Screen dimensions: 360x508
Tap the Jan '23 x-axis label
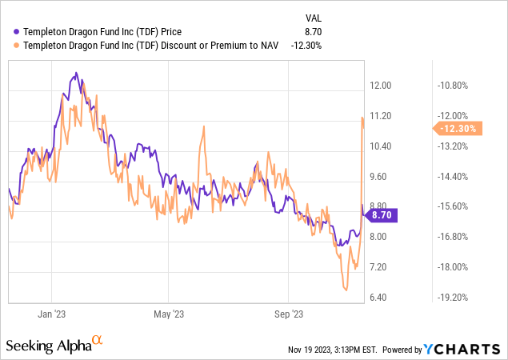click(51, 314)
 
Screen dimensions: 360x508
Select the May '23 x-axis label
click(169, 314)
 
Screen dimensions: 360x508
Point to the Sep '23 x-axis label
click(289, 314)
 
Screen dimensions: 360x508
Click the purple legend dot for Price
click(16, 31)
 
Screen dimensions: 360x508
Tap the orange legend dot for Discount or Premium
click(16, 45)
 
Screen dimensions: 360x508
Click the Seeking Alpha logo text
click(48, 346)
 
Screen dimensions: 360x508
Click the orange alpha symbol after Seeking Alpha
click(98, 341)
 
